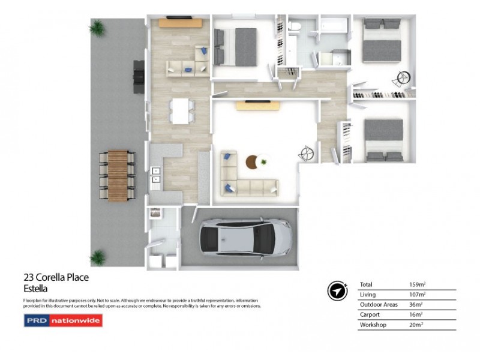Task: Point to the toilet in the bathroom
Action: pos(295,27)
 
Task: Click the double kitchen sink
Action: pos(156,174)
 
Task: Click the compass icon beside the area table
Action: pos(337,290)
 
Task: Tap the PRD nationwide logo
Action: pos(63,321)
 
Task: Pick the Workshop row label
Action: pos(373,325)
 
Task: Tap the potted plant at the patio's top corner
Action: pos(97,28)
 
